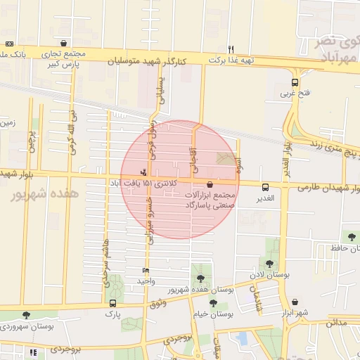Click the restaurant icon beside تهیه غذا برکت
coord(231,49)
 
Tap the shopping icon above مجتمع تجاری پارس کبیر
coord(65,43)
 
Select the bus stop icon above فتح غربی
coord(294,82)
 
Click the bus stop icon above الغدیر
coord(266,187)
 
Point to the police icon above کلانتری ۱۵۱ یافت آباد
coord(144,171)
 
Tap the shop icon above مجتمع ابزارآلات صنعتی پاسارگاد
coord(209,184)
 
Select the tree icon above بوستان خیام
coord(213,304)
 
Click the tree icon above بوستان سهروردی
coord(27,316)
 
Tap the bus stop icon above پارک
coord(112,303)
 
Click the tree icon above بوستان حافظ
coord(349,236)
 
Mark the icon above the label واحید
coord(146,270)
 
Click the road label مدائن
coord(337,323)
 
